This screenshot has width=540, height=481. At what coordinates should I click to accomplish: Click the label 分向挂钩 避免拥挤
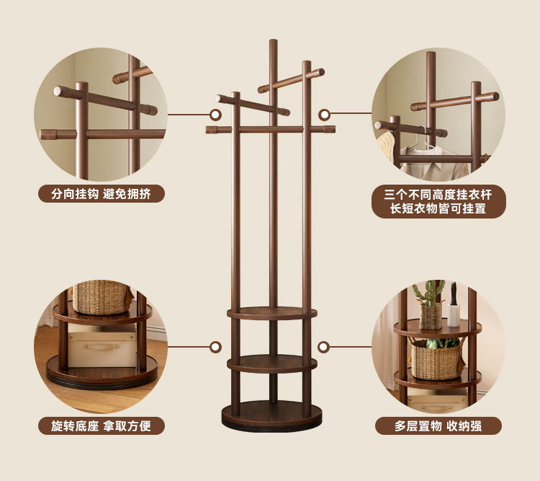(x=102, y=193)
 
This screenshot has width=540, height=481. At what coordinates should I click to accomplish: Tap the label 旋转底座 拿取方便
(x=102, y=425)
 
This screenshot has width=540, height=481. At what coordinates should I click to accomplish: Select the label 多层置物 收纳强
(x=438, y=425)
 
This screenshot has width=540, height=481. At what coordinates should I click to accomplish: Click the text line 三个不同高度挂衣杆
(x=438, y=195)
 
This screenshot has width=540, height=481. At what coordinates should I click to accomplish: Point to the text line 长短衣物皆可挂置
(x=438, y=209)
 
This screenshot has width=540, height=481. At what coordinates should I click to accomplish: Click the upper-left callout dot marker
(x=215, y=114)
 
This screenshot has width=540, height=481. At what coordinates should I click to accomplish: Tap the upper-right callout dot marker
(x=324, y=114)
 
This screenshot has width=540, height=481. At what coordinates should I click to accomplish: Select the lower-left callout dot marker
(x=215, y=347)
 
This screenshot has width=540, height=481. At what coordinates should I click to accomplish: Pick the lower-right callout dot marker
(x=324, y=347)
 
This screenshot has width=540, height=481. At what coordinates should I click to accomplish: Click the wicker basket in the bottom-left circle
(x=102, y=296)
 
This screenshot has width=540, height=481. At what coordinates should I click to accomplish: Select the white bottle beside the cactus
(x=454, y=313)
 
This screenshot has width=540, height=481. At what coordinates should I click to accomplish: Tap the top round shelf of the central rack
(x=272, y=313)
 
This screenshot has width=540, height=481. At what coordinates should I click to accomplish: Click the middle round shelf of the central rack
(x=272, y=363)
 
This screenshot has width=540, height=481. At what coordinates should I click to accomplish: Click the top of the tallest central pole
(x=273, y=43)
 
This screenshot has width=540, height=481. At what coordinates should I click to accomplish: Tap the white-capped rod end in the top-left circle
(x=58, y=92)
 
